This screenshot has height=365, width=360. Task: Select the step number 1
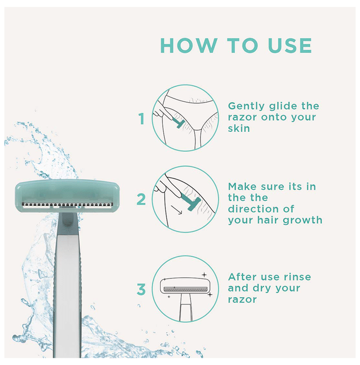(x=141, y=119)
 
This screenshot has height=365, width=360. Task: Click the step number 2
(x=141, y=199)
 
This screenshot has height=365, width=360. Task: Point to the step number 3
(x=141, y=289)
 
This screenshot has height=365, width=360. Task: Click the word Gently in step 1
(x=246, y=106)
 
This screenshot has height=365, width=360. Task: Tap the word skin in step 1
(x=239, y=128)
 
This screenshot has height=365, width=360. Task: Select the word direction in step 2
(x=254, y=209)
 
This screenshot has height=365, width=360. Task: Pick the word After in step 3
(x=243, y=277)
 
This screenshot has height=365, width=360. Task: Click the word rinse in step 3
(x=296, y=277)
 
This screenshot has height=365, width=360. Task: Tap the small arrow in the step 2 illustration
(x=176, y=210)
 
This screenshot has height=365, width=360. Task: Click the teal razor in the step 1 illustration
(x=178, y=123)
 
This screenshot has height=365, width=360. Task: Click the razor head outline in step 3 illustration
(x=185, y=286)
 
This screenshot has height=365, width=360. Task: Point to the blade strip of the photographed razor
(x=67, y=205)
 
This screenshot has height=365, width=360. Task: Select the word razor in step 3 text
(x=242, y=300)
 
